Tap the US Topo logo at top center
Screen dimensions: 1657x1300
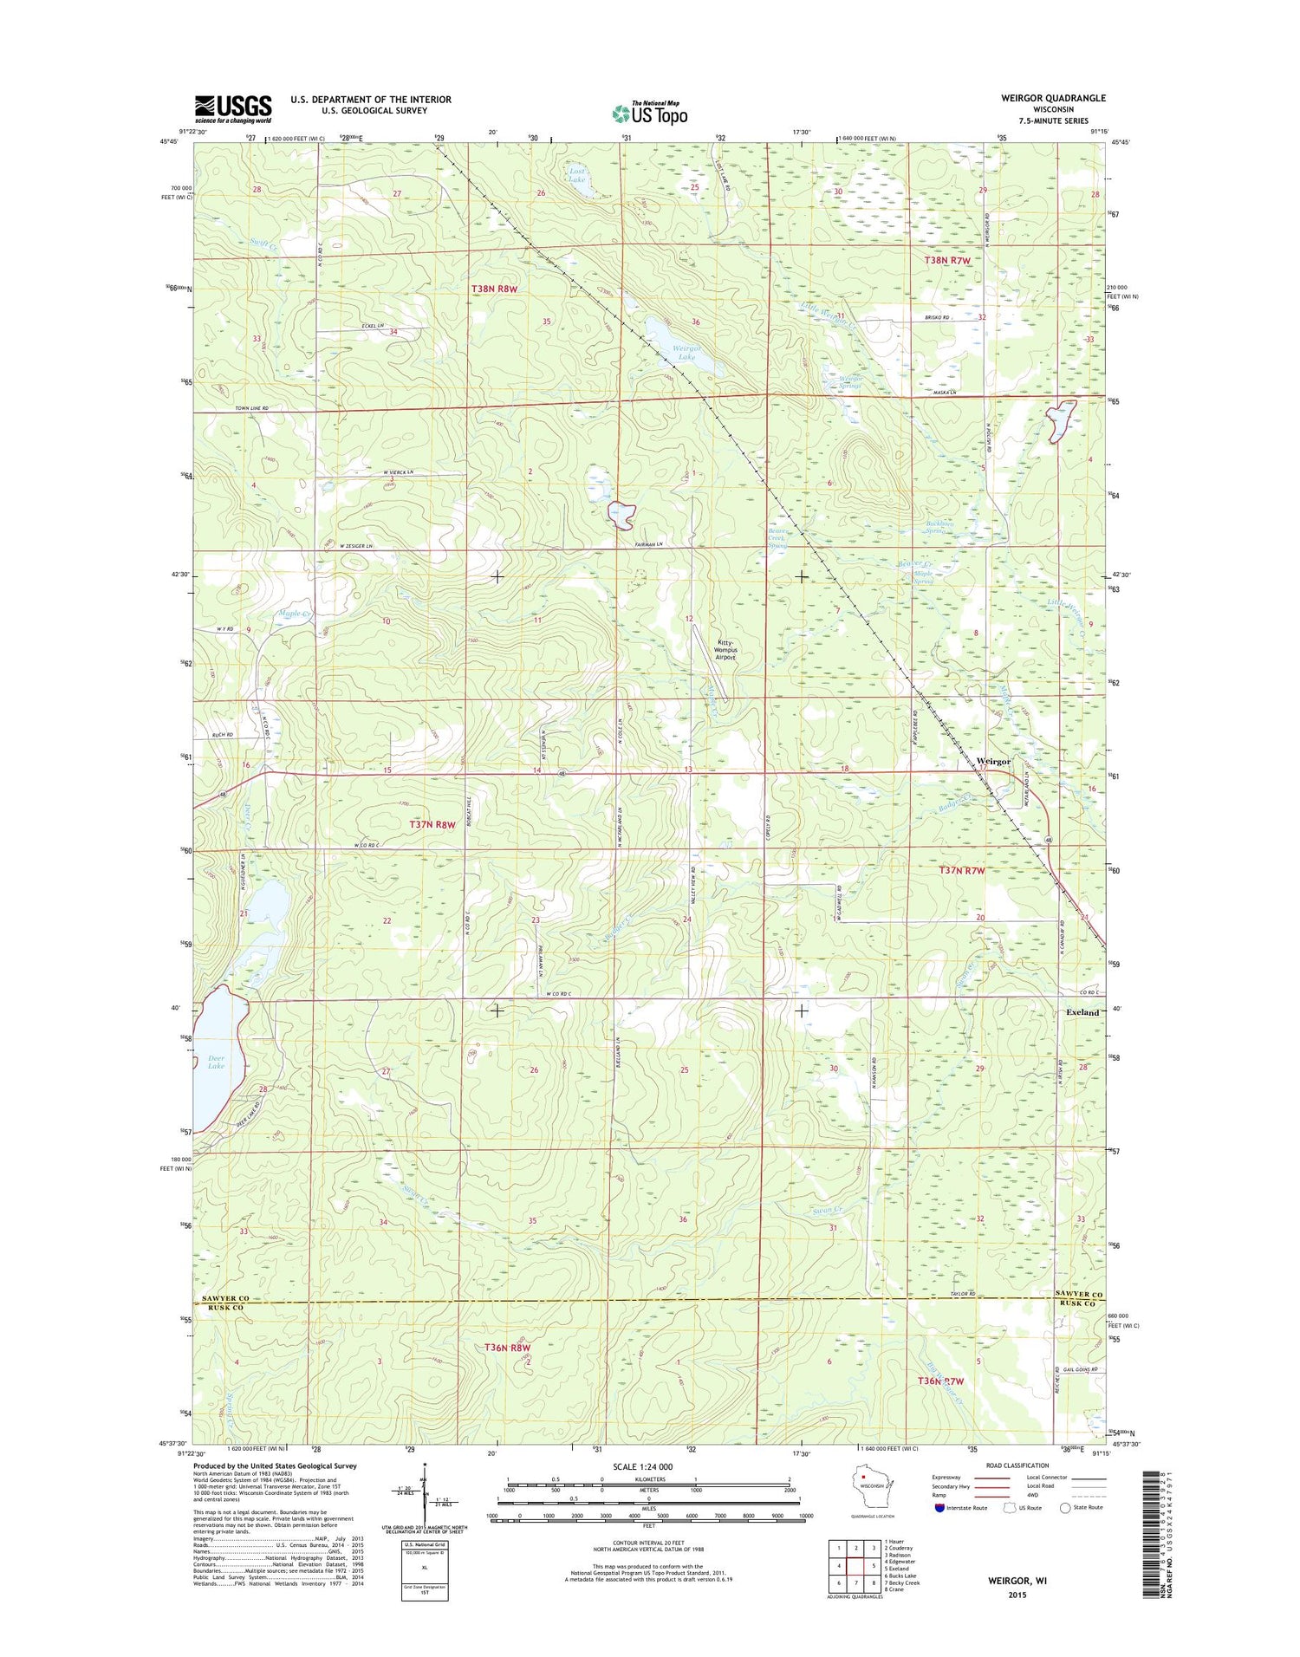[650, 113]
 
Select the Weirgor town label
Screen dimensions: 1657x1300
[993, 761]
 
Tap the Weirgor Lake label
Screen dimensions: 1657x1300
[685, 353]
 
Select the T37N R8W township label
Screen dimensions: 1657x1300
[432, 825]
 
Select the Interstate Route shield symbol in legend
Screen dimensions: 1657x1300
[940, 1507]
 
